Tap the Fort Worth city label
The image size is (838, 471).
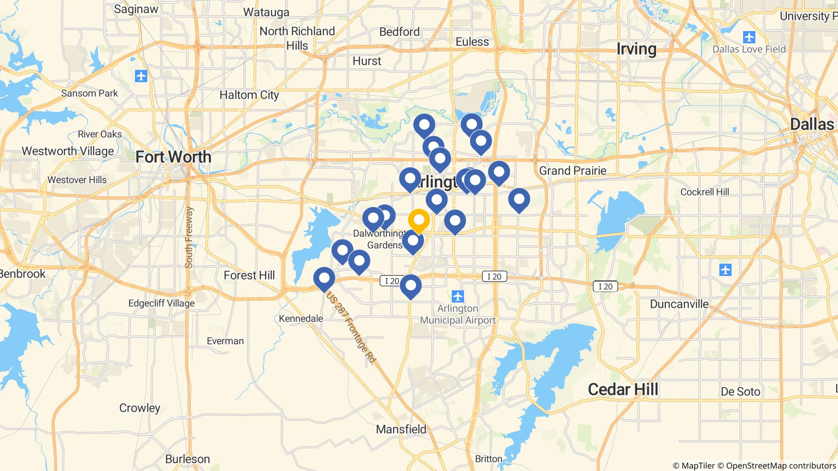(x=173, y=157)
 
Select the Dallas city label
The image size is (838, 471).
(x=812, y=124)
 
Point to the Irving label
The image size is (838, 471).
(x=636, y=49)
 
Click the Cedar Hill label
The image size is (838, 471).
(x=623, y=390)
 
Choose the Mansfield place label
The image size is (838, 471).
(x=401, y=429)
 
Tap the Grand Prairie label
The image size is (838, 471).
(x=572, y=170)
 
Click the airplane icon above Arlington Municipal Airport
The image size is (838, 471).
(x=458, y=295)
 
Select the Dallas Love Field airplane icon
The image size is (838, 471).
(x=749, y=37)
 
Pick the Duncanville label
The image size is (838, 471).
(x=679, y=304)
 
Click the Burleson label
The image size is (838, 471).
(x=187, y=459)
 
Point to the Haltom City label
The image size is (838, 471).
(x=249, y=95)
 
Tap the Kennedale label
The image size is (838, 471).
(x=301, y=318)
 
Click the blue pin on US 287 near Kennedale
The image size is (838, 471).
(x=324, y=278)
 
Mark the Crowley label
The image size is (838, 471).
(x=140, y=408)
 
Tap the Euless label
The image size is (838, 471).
(x=472, y=42)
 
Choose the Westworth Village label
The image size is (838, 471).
(x=68, y=151)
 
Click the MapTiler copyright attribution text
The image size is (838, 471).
(x=694, y=466)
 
